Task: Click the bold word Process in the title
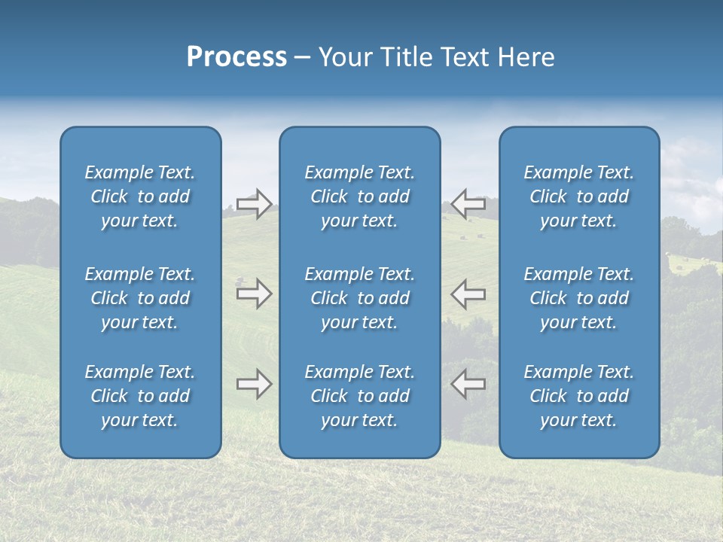(x=236, y=57)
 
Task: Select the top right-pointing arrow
(x=255, y=204)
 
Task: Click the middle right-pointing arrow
(x=255, y=294)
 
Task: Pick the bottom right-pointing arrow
(x=255, y=384)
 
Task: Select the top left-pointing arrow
(x=468, y=204)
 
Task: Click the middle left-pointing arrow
(x=468, y=294)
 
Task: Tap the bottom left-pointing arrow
(x=468, y=384)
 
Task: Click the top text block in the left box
(x=140, y=196)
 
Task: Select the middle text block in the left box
(x=140, y=298)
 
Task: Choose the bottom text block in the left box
(x=140, y=396)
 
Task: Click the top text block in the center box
(x=360, y=196)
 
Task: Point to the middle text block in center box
(x=360, y=298)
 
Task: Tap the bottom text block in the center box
(x=360, y=396)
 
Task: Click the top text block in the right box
(x=579, y=196)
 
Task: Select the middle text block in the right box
(x=579, y=298)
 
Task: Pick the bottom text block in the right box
(x=579, y=396)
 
